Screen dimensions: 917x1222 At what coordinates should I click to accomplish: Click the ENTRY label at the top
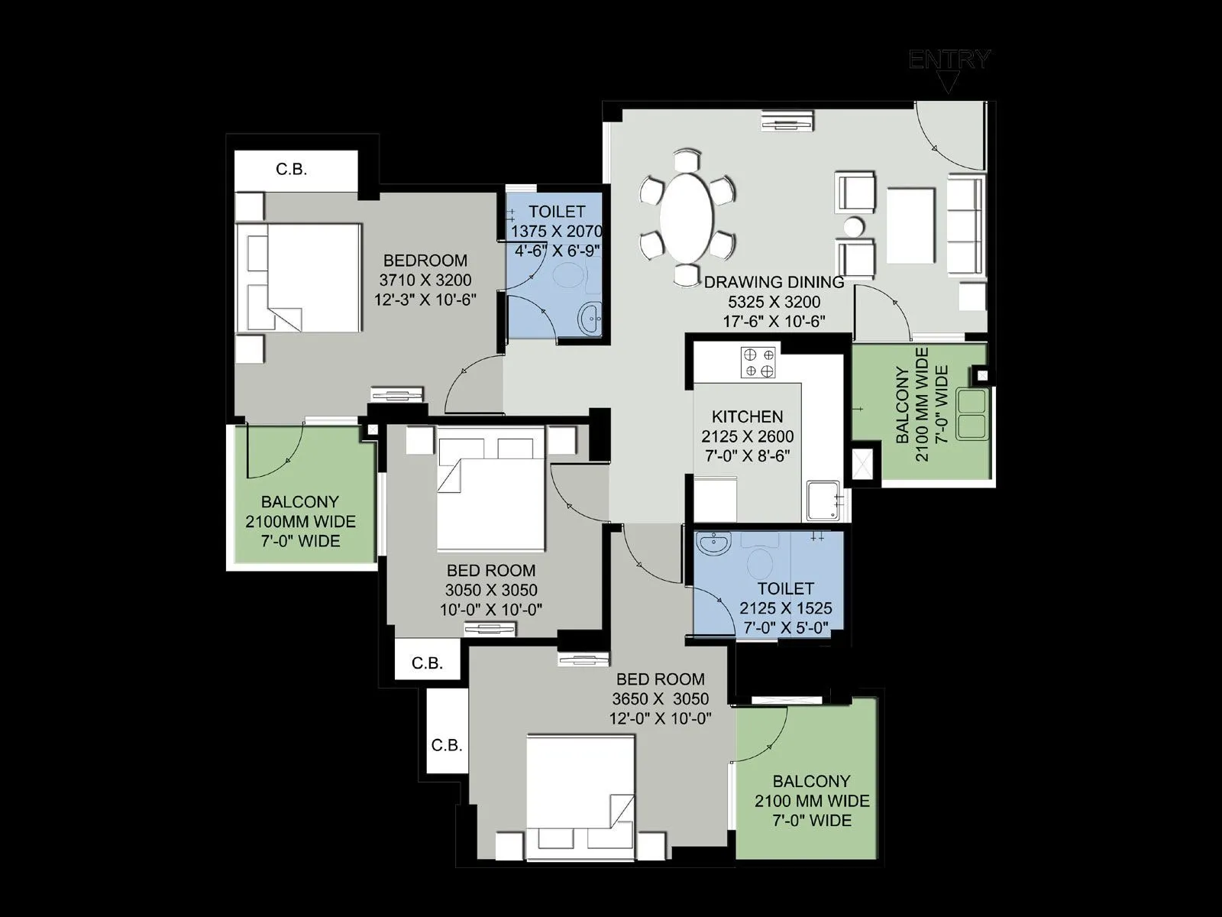pyautogui.click(x=949, y=60)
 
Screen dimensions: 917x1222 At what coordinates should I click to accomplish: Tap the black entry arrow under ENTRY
pyautogui.click(x=948, y=83)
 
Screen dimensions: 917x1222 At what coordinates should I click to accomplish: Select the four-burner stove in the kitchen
pyautogui.click(x=758, y=362)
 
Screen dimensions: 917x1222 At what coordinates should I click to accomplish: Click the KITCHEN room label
pyautogui.click(x=747, y=416)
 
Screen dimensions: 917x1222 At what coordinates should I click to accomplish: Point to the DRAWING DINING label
pyautogui.click(x=774, y=282)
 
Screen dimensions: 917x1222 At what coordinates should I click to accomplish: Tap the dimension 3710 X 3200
pyautogui.click(x=425, y=280)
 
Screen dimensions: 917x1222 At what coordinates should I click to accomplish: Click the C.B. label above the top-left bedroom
pyautogui.click(x=291, y=170)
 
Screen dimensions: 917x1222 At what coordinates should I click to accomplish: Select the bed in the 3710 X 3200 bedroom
pyautogui.click(x=299, y=277)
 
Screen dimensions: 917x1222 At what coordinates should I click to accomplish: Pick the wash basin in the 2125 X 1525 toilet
pyautogui.click(x=714, y=545)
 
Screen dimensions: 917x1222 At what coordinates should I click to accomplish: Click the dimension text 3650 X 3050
pyautogui.click(x=660, y=698)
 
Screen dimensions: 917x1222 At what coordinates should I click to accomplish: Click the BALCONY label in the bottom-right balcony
pyautogui.click(x=811, y=782)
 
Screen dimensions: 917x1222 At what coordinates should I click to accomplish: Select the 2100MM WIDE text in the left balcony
pyautogui.click(x=300, y=522)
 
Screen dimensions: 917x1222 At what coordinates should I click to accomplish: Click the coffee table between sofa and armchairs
pyautogui.click(x=910, y=225)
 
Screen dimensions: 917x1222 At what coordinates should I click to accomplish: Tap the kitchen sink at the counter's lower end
pyautogui.click(x=825, y=500)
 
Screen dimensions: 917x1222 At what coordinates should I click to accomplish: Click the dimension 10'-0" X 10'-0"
pyautogui.click(x=491, y=610)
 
